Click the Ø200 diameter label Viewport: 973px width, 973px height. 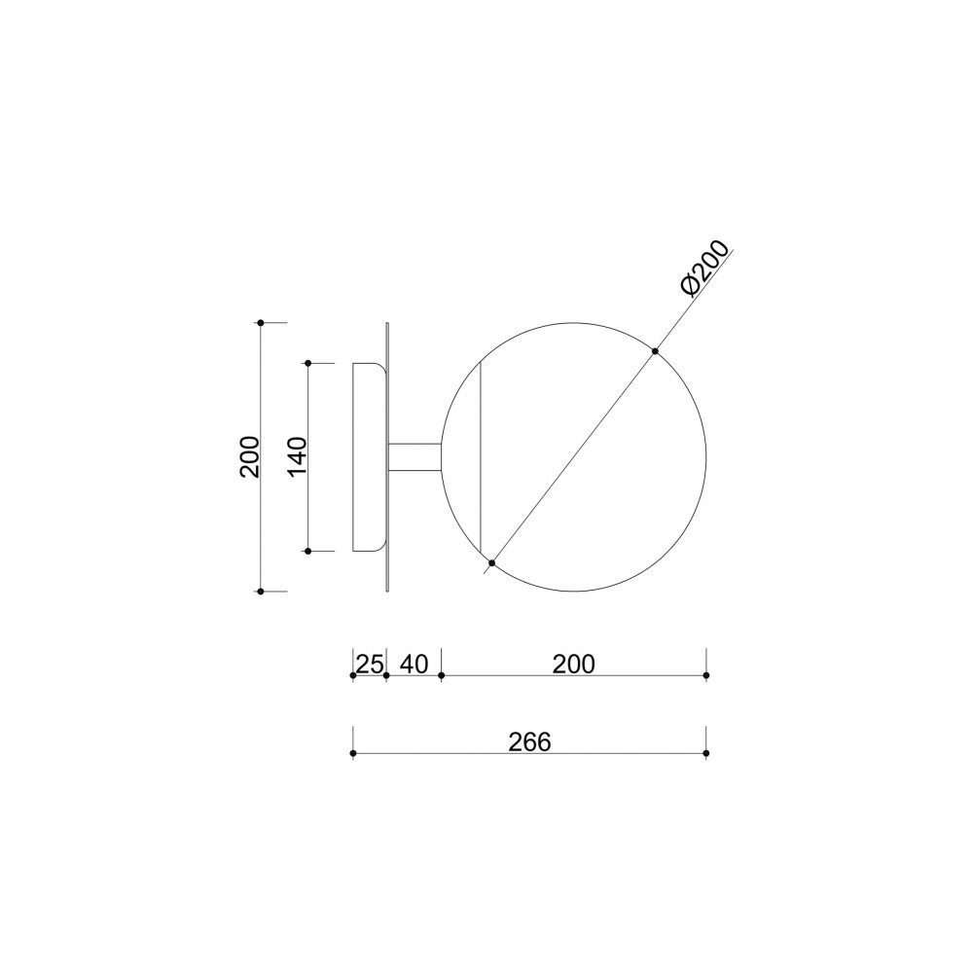pyautogui.click(x=704, y=269)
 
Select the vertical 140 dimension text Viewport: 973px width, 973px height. pyautogui.click(x=298, y=456)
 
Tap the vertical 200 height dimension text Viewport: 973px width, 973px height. pyautogui.click(x=250, y=456)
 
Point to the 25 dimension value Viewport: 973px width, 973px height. pyautogui.click(x=370, y=665)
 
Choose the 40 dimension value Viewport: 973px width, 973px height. pyautogui.click(x=414, y=664)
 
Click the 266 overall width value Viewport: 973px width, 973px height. pyautogui.click(x=530, y=742)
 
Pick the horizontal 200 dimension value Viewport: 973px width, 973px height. pyautogui.click(x=574, y=664)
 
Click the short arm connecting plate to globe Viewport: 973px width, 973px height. pyautogui.click(x=414, y=458)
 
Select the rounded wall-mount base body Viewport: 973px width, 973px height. pyautogui.click(x=369, y=456)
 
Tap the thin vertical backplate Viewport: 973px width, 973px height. pyautogui.click(x=387, y=456)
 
